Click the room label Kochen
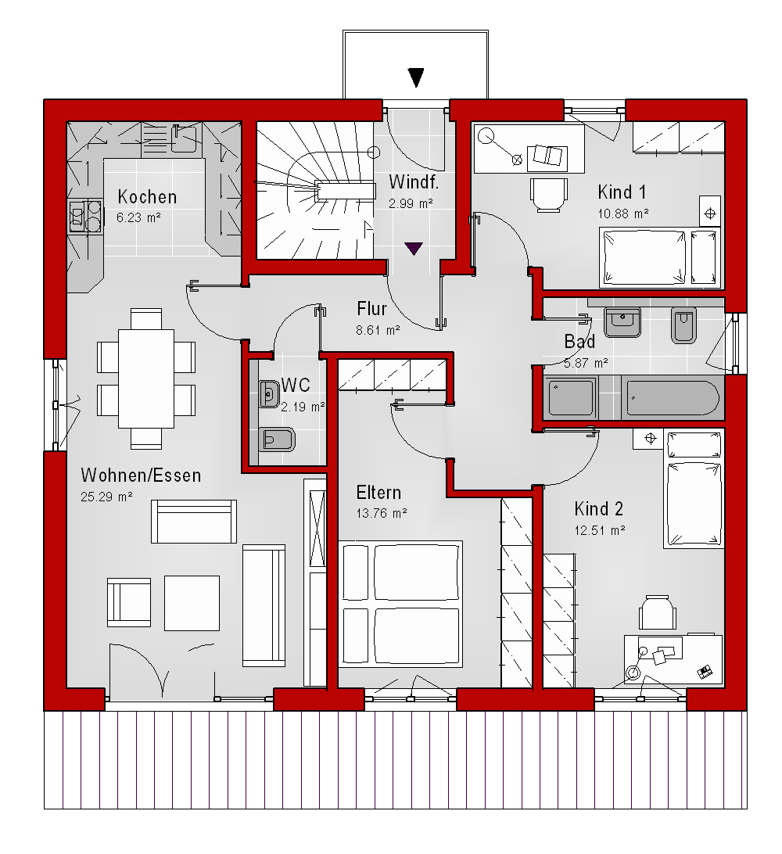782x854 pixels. [147, 196]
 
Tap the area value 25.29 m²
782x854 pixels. [106, 497]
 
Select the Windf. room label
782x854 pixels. [414, 182]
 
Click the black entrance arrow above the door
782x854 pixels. [416, 77]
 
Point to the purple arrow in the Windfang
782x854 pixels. [414, 249]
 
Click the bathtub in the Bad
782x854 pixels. [673, 398]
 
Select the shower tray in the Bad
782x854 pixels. [571, 398]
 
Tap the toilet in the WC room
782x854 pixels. [277, 440]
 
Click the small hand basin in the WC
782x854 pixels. [269, 394]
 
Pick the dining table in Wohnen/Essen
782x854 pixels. [146, 379]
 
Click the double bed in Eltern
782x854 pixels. [400, 604]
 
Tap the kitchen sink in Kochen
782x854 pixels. [184, 138]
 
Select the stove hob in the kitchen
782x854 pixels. [85, 217]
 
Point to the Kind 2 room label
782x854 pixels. [598, 508]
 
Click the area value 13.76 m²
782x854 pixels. [382, 513]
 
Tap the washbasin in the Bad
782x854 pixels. [622, 322]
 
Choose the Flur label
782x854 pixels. [372, 309]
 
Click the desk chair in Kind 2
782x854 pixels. [658, 613]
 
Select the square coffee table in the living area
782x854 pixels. [192, 603]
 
